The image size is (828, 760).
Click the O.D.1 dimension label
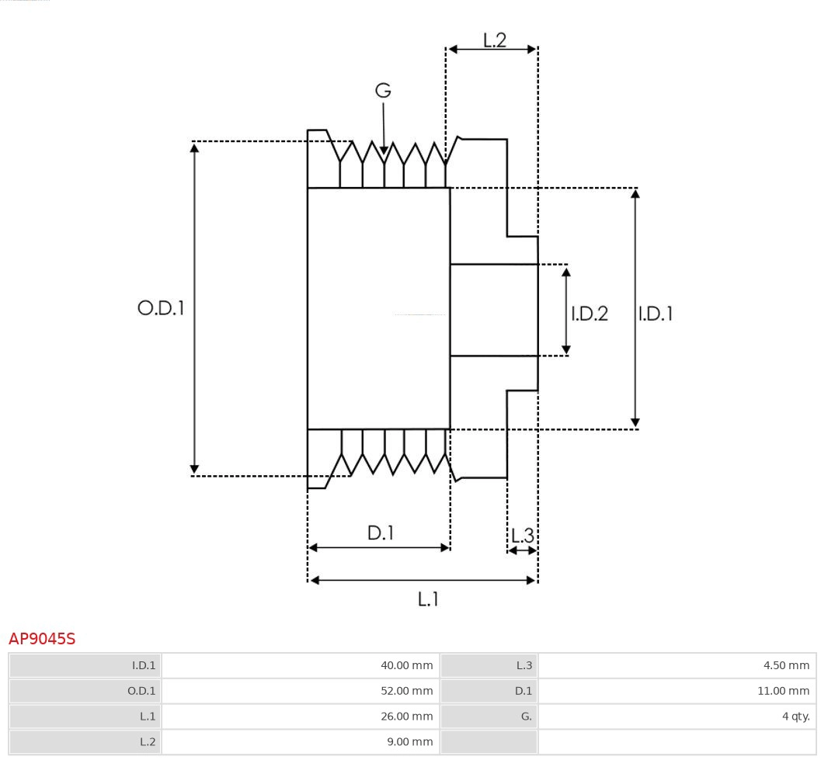[161, 308]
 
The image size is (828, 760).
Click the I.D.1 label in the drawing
[656, 314]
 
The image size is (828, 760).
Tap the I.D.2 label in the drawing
[590, 314]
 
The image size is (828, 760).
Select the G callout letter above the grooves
[383, 91]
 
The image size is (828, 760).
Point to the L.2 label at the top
[495, 40]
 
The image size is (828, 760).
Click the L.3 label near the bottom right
[523, 536]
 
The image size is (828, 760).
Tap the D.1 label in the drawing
[381, 533]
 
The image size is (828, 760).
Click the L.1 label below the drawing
[429, 599]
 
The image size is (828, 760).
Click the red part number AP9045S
[42, 639]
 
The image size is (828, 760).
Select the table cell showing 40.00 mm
[300, 665]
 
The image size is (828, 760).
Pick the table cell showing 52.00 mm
[300, 691]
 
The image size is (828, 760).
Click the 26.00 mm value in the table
[300, 716]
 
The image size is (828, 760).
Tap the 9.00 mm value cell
[300, 741]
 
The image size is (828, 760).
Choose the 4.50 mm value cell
[677, 665]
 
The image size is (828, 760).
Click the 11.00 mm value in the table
[677, 691]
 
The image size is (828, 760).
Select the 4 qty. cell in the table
[677, 716]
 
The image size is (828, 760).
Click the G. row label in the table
[489, 716]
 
